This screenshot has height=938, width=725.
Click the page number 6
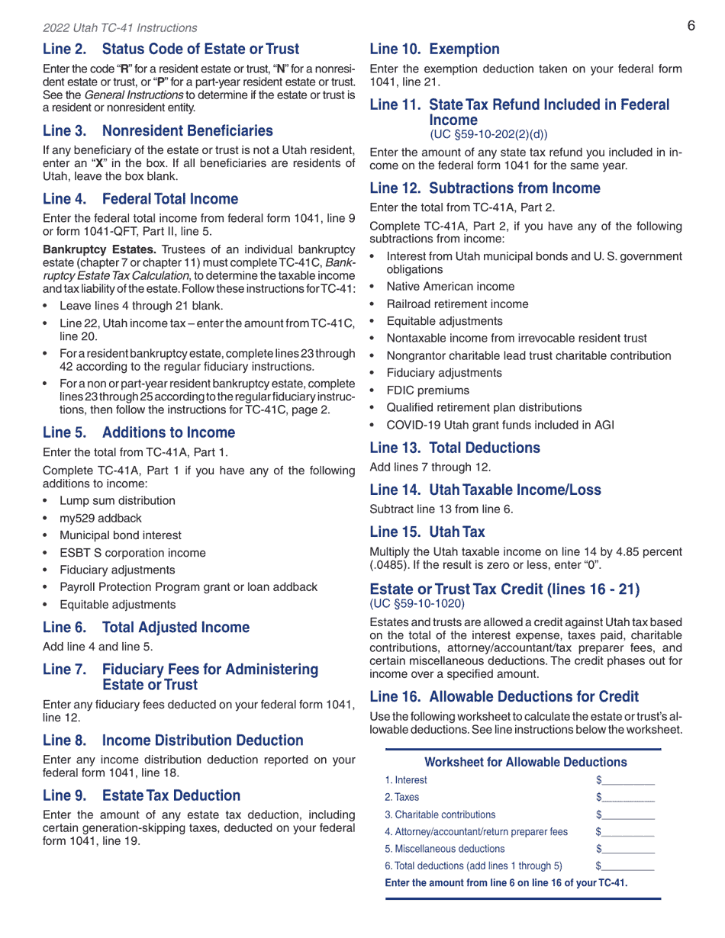(x=691, y=26)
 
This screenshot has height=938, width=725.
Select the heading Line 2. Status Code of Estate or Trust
(x=171, y=50)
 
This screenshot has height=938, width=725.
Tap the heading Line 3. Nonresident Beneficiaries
(x=157, y=131)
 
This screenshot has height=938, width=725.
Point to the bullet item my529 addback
(x=101, y=519)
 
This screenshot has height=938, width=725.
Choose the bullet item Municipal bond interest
(x=121, y=535)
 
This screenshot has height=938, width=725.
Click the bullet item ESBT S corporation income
(x=133, y=553)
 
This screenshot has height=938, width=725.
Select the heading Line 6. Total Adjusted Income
(x=146, y=628)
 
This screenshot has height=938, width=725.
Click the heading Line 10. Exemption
(x=434, y=50)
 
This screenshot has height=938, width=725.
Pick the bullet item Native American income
(x=450, y=287)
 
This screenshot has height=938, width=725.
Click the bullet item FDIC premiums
(x=427, y=390)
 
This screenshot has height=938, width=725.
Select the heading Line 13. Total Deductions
(x=454, y=448)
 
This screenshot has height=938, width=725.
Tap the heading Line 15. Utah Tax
(x=427, y=532)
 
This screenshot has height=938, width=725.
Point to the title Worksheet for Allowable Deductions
(x=525, y=763)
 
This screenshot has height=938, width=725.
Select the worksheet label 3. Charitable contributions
(x=440, y=814)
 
